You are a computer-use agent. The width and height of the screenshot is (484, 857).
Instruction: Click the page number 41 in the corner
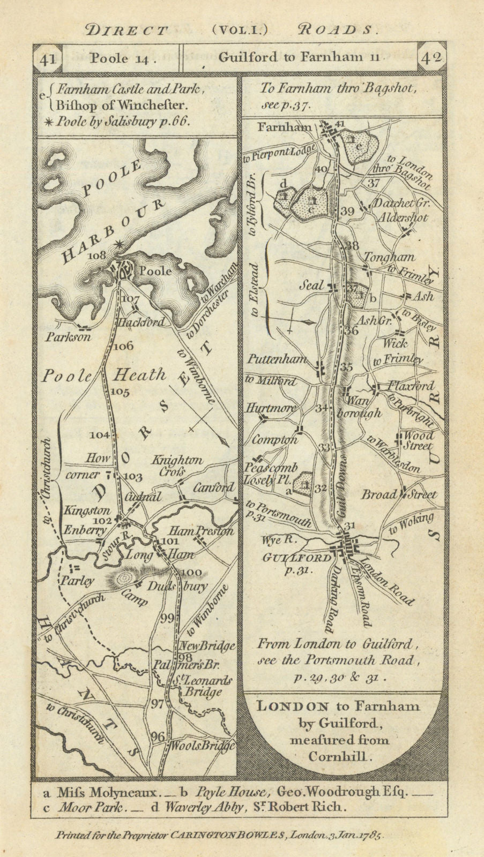coord(48,58)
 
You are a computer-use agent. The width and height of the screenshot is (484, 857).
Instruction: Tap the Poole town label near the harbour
coord(155,271)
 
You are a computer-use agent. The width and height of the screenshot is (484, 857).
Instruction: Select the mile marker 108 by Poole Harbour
coord(98,255)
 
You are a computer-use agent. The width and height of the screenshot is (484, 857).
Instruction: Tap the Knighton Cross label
coord(177,465)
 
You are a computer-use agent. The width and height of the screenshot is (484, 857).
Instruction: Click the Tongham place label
coord(382,257)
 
